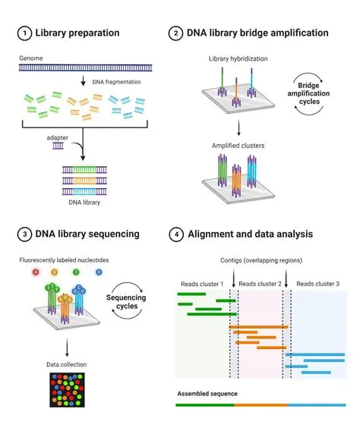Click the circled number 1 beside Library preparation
(x=24, y=33)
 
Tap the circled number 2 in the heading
(x=176, y=33)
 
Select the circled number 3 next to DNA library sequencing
(x=24, y=234)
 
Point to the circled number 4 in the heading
(x=176, y=234)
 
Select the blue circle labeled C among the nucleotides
(x=100, y=272)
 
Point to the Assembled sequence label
(x=207, y=394)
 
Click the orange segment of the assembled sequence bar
(x=261, y=404)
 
